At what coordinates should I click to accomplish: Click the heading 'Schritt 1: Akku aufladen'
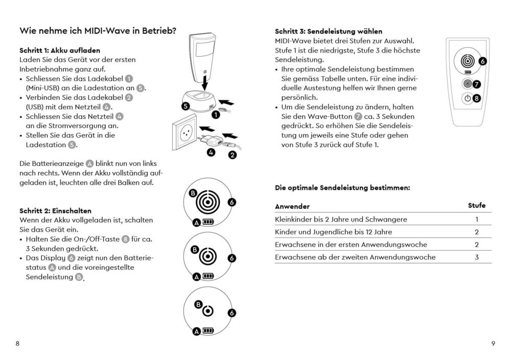[59, 51]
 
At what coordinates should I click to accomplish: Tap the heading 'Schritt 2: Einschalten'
[55, 210]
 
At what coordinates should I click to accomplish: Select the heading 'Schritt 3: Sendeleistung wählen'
[329, 31]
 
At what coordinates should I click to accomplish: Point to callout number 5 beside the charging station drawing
[185, 106]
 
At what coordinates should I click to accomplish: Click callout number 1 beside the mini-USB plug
[216, 115]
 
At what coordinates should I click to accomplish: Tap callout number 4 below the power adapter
[211, 153]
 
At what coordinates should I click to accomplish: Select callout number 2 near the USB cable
[233, 155]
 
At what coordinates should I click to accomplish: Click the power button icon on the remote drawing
[467, 99]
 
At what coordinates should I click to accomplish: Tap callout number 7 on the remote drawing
[477, 83]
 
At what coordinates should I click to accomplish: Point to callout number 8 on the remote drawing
[477, 99]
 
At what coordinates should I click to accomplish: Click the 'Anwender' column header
[292, 206]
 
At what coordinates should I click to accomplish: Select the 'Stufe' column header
[477, 205]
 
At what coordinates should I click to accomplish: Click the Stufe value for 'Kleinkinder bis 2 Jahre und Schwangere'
[477, 220]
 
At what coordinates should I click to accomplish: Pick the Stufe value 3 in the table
[477, 257]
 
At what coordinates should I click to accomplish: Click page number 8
[18, 343]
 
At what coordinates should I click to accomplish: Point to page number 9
[493, 343]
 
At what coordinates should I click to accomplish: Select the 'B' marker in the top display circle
[193, 194]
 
